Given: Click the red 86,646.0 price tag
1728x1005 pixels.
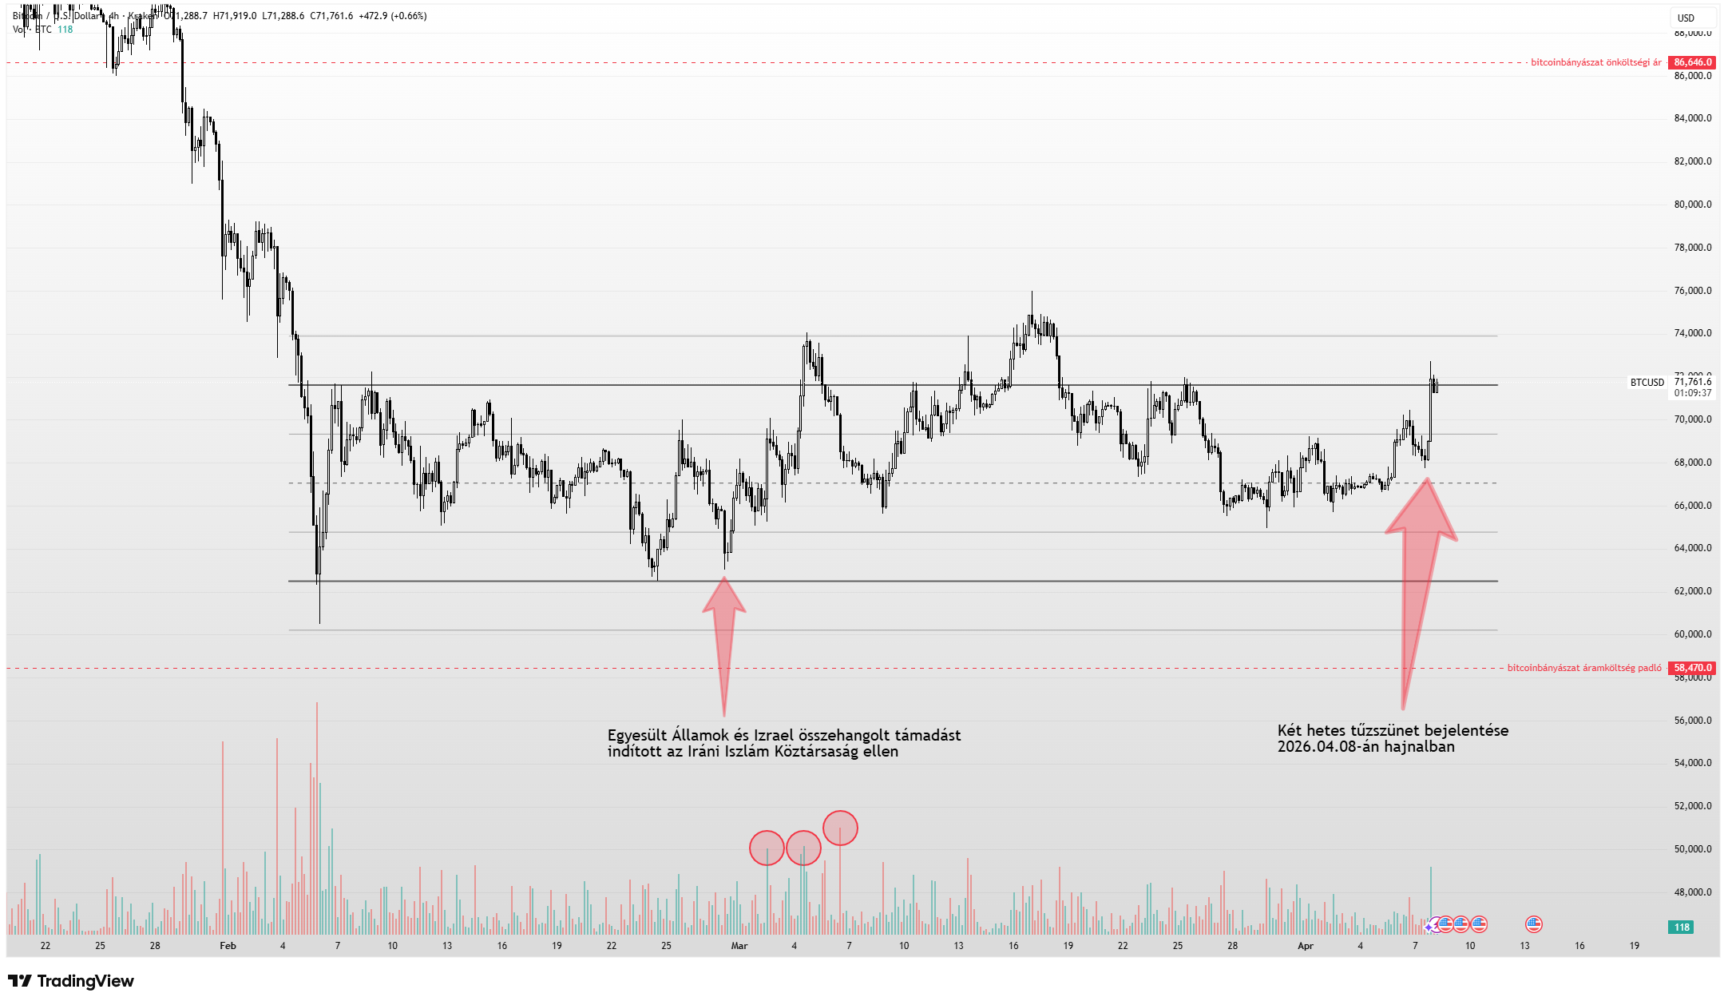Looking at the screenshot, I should (x=1692, y=62).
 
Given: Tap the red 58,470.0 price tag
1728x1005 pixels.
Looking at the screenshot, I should (x=1692, y=668).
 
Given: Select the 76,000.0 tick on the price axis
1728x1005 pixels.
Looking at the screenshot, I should (x=1692, y=291).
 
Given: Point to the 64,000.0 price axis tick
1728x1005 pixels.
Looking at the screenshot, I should (x=1692, y=548).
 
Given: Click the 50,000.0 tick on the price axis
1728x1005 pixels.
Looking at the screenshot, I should (x=1692, y=849).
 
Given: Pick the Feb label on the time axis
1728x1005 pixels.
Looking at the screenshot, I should (x=228, y=946).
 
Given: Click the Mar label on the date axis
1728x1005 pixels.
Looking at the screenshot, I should (x=739, y=946).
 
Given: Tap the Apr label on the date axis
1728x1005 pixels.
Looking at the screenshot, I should (x=1305, y=946).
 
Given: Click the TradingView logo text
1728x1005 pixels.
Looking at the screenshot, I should (x=85, y=981).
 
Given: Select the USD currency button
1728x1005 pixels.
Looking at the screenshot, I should (x=1686, y=18).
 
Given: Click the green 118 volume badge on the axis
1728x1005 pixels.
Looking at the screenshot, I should (x=1682, y=928).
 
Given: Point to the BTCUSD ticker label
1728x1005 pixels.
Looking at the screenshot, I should (x=1647, y=383).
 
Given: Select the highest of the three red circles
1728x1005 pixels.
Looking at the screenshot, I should (x=840, y=828).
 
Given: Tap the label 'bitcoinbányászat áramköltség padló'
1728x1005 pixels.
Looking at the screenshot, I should (x=1584, y=668).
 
